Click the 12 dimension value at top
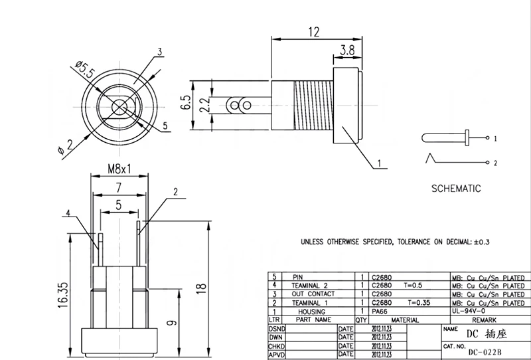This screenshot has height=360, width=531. [x=315, y=31]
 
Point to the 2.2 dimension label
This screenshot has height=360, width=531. [x=204, y=104]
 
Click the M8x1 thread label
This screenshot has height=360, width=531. [x=118, y=170]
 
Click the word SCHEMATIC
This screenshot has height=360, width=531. [x=455, y=189]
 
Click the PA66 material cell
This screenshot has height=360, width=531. [x=381, y=311]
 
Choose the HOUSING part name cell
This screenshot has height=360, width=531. [x=312, y=311]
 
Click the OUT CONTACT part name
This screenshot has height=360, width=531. [x=312, y=294]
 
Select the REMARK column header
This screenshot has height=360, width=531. [x=484, y=319]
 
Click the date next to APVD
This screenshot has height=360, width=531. [x=381, y=354]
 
